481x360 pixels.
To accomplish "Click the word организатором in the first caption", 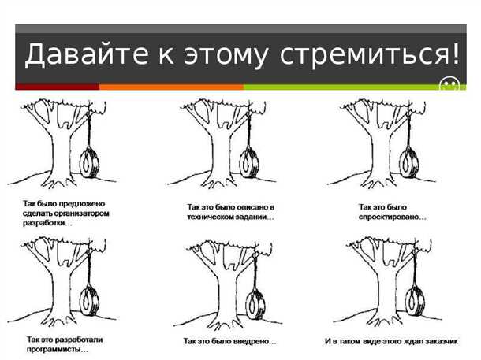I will pos(78,213).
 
